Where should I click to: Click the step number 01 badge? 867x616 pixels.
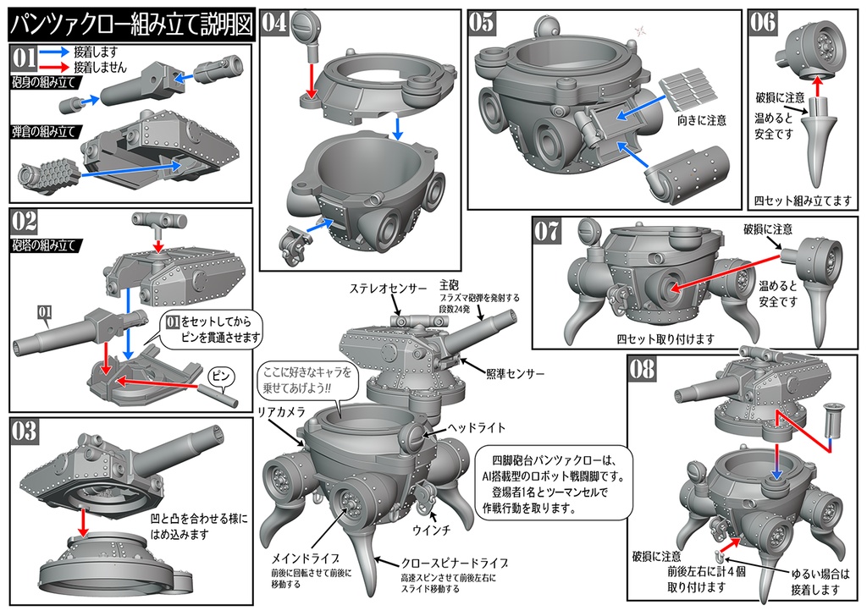[x=23, y=59]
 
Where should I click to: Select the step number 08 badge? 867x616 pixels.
[x=644, y=368]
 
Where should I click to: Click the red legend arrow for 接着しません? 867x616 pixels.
[x=52, y=66]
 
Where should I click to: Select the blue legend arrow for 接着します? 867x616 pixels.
[x=52, y=51]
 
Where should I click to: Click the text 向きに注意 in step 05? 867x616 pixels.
[x=701, y=120]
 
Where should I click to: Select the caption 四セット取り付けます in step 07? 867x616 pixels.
[x=665, y=338]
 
